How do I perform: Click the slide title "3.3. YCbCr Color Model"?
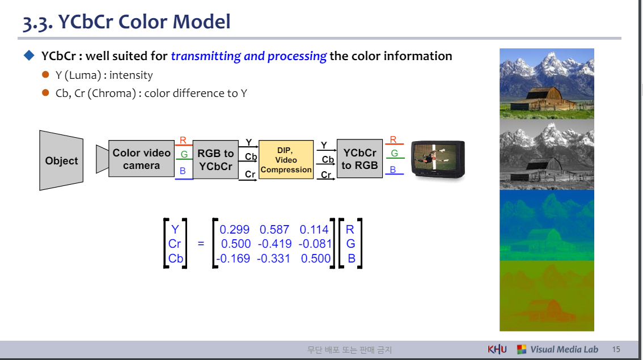pos(126,22)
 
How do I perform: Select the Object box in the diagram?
pos(61,160)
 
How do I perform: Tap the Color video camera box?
pos(141,159)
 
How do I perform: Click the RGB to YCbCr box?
pos(215,160)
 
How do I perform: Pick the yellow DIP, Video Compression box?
pos(286,160)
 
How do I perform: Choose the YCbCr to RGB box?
pos(359,159)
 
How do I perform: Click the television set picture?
pos(438,159)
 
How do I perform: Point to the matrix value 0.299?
pos(234,230)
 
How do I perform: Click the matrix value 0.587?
pos(274,230)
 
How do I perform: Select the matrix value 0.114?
pos(314,230)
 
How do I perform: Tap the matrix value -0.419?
pos(274,244)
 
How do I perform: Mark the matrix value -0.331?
pos(273,259)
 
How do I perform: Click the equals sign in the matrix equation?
pos(201,244)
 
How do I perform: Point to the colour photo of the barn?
pos(547,83)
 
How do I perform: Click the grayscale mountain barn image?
pos(547,154)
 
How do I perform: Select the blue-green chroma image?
pos(547,225)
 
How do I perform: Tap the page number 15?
pos(616,350)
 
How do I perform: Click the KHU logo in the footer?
pos(497,349)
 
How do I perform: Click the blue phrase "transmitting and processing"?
pos(248,56)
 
